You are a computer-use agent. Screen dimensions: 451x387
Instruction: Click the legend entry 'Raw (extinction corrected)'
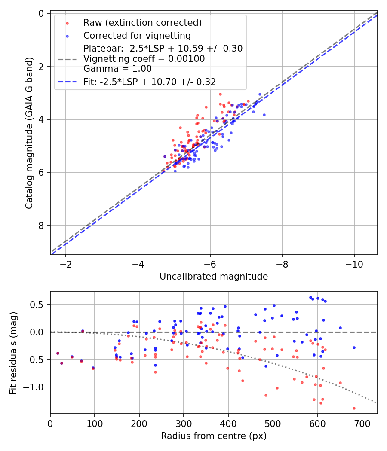point(142,23)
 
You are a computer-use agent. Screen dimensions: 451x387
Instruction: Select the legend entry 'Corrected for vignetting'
point(137,35)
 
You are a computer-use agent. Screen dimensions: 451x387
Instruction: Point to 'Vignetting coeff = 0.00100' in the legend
point(144,58)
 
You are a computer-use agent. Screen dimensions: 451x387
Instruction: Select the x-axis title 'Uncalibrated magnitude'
point(214,277)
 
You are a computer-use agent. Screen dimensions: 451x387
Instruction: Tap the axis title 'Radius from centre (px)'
point(214,436)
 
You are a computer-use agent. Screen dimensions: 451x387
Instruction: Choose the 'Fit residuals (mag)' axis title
point(13,353)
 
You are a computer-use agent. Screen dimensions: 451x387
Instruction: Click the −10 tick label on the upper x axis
point(354,263)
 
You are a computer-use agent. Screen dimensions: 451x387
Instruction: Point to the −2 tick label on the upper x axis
point(66,263)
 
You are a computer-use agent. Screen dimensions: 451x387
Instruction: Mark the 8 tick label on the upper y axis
point(42,225)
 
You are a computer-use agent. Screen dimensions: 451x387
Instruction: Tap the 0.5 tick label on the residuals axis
point(39,305)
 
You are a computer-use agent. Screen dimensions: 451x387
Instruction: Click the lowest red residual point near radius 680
point(354,408)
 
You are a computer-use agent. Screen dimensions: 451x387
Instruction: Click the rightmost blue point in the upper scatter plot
point(264,115)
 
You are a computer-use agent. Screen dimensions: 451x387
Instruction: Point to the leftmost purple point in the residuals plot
point(58,353)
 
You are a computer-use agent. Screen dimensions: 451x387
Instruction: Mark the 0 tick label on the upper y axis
point(42,13)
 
